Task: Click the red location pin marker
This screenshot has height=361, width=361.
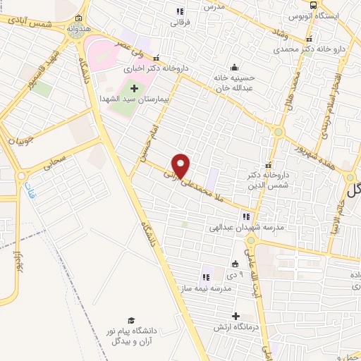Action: pos(182,165)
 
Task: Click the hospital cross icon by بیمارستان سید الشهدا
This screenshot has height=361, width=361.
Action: pos(135,87)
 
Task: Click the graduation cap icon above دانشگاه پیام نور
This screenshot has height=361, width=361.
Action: pos(130,321)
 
